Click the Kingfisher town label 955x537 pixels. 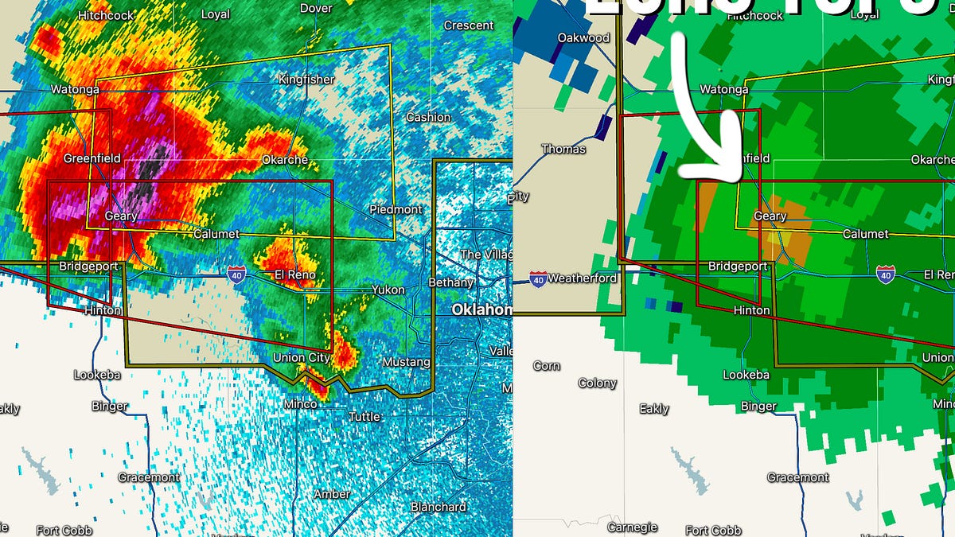(x=306, y=80)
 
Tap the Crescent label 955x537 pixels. (x=468, y=25)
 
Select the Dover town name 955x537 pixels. (x=316, y=8)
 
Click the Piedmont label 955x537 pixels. (x=396, y=209)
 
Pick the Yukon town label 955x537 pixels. (x=388, y=290)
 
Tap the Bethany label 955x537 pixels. (x=450, y=282)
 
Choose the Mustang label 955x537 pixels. (x=406, y=362)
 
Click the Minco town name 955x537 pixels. (x=301, y=404)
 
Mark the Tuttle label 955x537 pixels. (x=364, y=416)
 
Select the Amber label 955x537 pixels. (x=331, y=494)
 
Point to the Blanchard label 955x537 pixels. (x=438, y=507)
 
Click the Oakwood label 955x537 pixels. (x=583, y=37)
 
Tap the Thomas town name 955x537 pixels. (x=563, y=149)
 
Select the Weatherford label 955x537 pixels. (x=583, y=278)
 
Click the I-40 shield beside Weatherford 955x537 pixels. (x=538, y=278)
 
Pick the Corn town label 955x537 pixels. (x=546, y=366)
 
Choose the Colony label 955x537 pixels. (x=597, y=383)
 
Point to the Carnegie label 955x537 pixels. (x=633, y=527)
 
